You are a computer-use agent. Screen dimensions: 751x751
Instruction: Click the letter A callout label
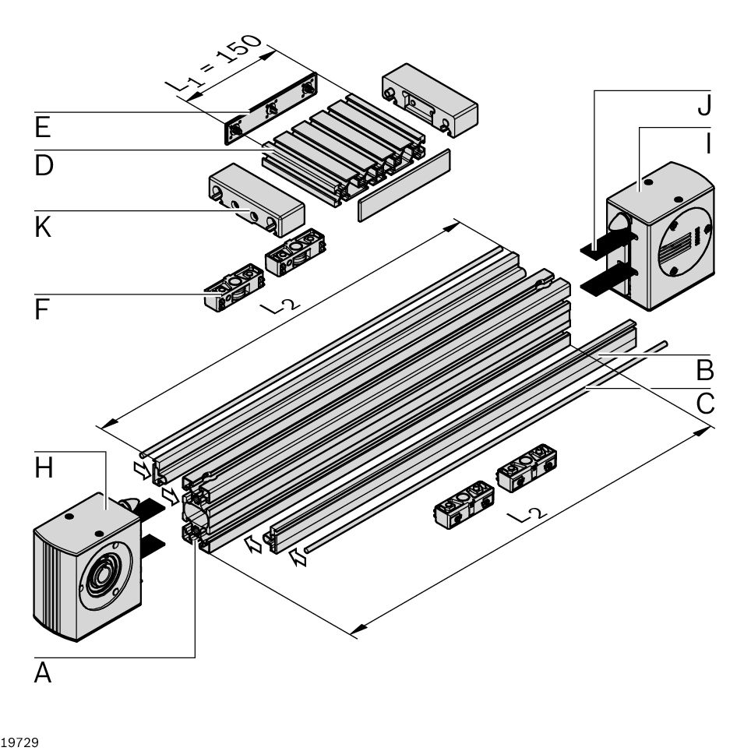coord(43,672)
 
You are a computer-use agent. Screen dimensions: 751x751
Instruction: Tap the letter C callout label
coord(704,403)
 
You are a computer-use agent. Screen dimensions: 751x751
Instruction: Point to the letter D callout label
coord(44,165)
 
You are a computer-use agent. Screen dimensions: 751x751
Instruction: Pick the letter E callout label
coord(43,127)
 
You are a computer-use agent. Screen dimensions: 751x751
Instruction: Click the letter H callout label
coord(44,467)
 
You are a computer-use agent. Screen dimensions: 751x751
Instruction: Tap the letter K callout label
coord(43,227)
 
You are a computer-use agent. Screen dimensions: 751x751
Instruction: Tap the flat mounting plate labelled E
coord(271,109)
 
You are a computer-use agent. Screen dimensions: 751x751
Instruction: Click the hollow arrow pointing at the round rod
coord(298,556)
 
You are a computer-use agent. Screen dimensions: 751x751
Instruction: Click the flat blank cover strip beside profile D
coord(404,186)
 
